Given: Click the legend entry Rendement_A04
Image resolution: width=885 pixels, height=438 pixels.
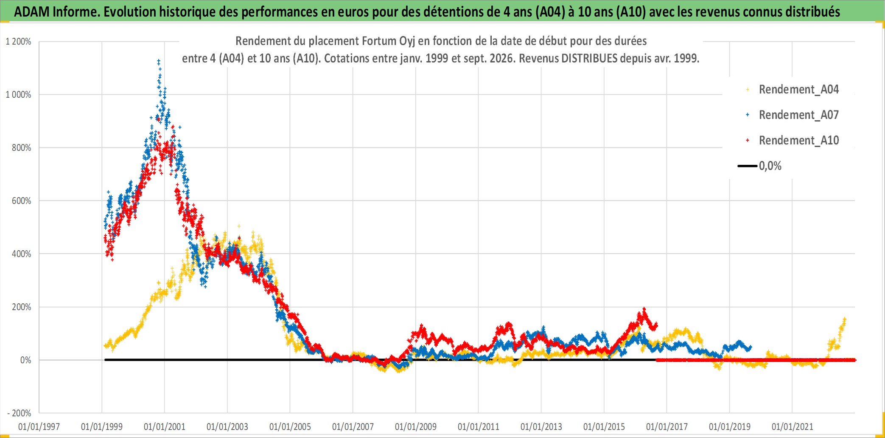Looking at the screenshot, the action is (798, 89).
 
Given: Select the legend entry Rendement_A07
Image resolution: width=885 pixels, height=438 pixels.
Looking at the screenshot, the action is (798, 115).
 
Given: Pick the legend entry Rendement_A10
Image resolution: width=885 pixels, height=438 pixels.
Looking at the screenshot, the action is (798, 140).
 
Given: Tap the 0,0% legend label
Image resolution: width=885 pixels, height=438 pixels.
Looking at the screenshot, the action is (770, 166).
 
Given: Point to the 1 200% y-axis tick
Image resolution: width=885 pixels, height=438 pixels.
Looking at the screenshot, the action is (18, 42).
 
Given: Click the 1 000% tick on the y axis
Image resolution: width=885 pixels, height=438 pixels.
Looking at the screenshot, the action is (18, 95).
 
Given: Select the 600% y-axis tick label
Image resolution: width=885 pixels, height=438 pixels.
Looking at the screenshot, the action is (22, 201).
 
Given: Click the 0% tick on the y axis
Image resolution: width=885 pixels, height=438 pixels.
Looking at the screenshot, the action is (26, 360).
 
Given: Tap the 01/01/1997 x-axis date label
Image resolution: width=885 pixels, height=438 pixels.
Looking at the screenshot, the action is (39, 427).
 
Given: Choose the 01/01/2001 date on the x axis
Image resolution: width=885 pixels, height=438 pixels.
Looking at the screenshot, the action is (165, 427).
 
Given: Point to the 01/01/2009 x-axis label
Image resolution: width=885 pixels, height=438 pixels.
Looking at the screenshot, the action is (416, 427).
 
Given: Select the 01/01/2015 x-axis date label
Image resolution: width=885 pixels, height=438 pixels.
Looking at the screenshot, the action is (604, 427).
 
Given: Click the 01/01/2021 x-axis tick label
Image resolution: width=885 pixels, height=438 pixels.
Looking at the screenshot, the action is (793, 427).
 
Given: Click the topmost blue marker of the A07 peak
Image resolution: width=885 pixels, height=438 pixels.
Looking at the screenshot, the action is (159, 61).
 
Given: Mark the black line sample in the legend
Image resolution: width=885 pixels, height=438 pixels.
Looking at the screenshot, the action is (747, 166).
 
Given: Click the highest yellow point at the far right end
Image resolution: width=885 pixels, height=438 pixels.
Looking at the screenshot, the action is (845, 319).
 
